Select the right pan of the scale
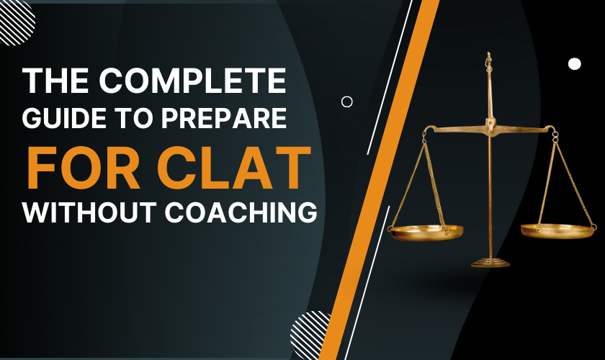pyautogui.click(x=558, y=230)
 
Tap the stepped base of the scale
pyautogui.click(x=490, y=261)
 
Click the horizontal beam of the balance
pyautogui.click(x=490, y=130)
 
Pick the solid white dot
pyautogui.click(x=574, y=63)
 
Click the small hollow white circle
pyautogui.click(x=346, y=102)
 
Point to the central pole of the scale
pyautogui.click(x=490, y=194)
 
